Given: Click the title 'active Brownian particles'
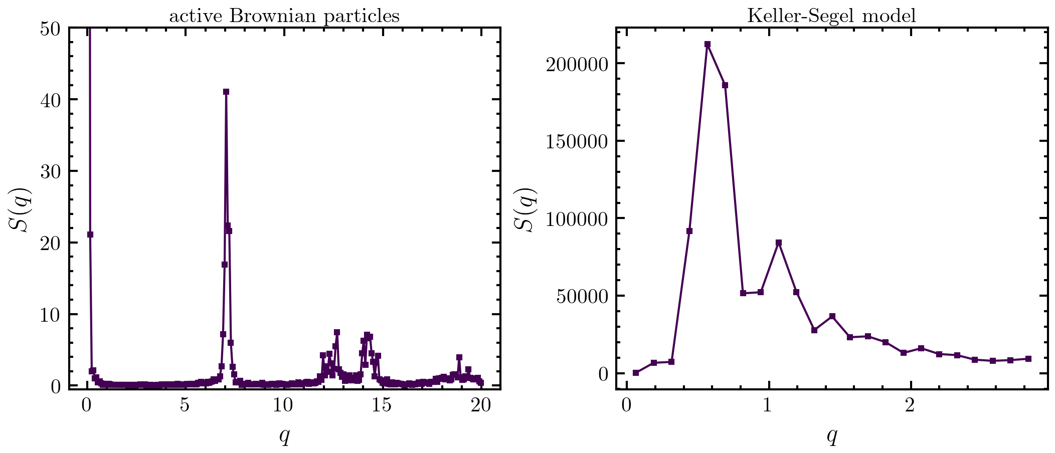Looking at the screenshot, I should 284,16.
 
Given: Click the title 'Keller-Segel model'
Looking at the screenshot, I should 831,16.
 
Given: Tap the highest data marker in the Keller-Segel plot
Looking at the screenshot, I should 708,44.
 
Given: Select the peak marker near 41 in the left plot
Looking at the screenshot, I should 226,92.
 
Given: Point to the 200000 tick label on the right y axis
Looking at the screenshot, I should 577,64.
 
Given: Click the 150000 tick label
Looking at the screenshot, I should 577,141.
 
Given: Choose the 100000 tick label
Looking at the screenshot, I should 577,218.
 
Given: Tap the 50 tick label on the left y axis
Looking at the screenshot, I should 50,28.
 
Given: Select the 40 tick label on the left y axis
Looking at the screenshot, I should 50,100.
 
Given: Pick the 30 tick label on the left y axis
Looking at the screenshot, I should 50,171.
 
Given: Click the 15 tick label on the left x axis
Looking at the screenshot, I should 382,405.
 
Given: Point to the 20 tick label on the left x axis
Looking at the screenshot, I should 480,405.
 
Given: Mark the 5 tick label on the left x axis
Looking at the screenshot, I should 185,405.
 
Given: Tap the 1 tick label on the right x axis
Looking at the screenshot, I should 768,405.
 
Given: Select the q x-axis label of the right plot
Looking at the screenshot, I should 831,436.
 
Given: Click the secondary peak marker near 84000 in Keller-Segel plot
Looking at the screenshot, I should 779,243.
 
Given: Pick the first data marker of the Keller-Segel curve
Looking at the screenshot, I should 636,373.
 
